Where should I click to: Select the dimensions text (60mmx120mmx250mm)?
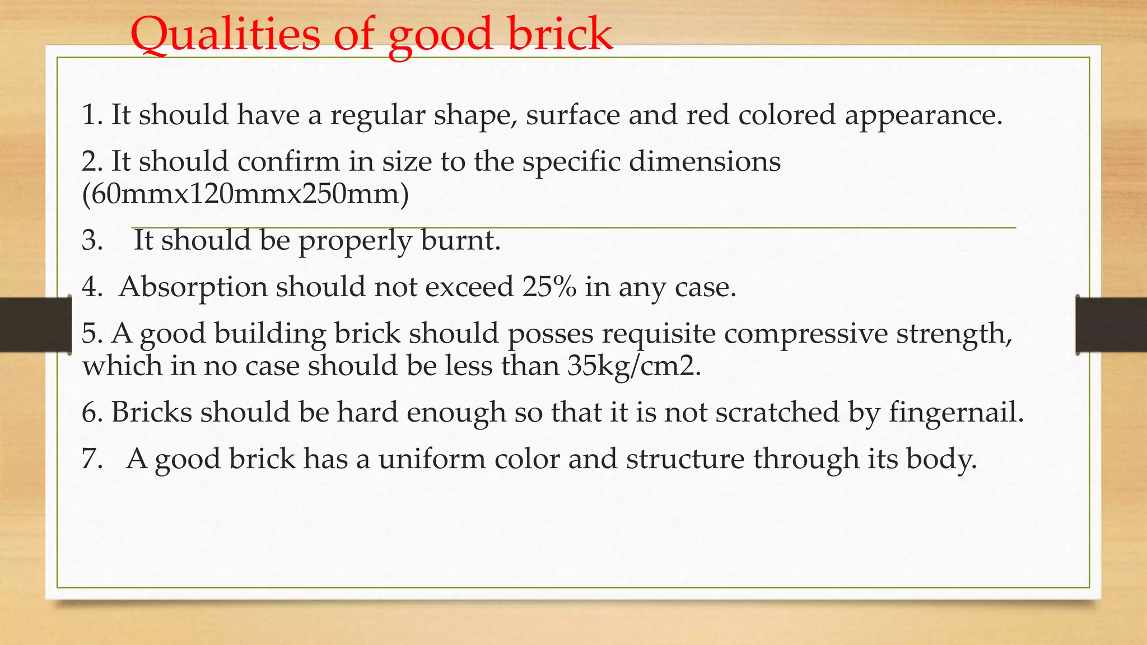(245, 194)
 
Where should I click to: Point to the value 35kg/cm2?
(633, 366)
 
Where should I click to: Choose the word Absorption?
(193, 287)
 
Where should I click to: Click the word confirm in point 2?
(288, 162)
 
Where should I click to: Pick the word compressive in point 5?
(806, 334)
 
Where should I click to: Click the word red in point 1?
(708, 115)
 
